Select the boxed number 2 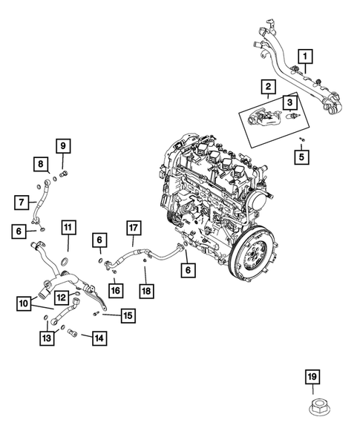click(x=265, y=88)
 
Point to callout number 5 click(x=301, y=157)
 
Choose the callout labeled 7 click(x=22, y=201)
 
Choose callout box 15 click(x=128, y=316)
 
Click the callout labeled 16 click(x=115, y=289)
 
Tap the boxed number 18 click(x=147, y=290)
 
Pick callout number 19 click(x=312, y=378)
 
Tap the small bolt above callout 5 click(x=301, y=139)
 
